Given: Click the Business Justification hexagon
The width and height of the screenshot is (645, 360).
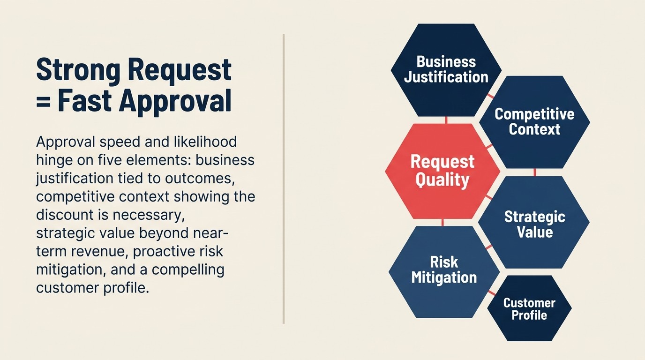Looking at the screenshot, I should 446,70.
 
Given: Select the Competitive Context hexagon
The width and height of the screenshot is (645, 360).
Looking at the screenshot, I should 534,122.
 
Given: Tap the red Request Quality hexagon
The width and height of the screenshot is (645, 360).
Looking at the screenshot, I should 442,171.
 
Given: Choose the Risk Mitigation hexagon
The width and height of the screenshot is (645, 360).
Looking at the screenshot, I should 444,271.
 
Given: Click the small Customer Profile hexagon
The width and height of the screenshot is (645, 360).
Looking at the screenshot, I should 529,309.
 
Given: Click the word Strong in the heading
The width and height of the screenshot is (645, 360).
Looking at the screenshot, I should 78,70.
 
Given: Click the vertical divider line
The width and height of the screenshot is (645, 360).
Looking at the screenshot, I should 284,178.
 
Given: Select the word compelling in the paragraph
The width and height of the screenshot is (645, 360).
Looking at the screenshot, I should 187,270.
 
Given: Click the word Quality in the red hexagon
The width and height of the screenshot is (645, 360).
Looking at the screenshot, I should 442,180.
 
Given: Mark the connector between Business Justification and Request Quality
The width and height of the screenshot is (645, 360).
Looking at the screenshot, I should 446,120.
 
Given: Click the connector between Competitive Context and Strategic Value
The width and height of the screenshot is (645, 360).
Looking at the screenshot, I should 535,172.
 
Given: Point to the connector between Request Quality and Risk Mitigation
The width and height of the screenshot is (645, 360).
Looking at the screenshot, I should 442,222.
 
